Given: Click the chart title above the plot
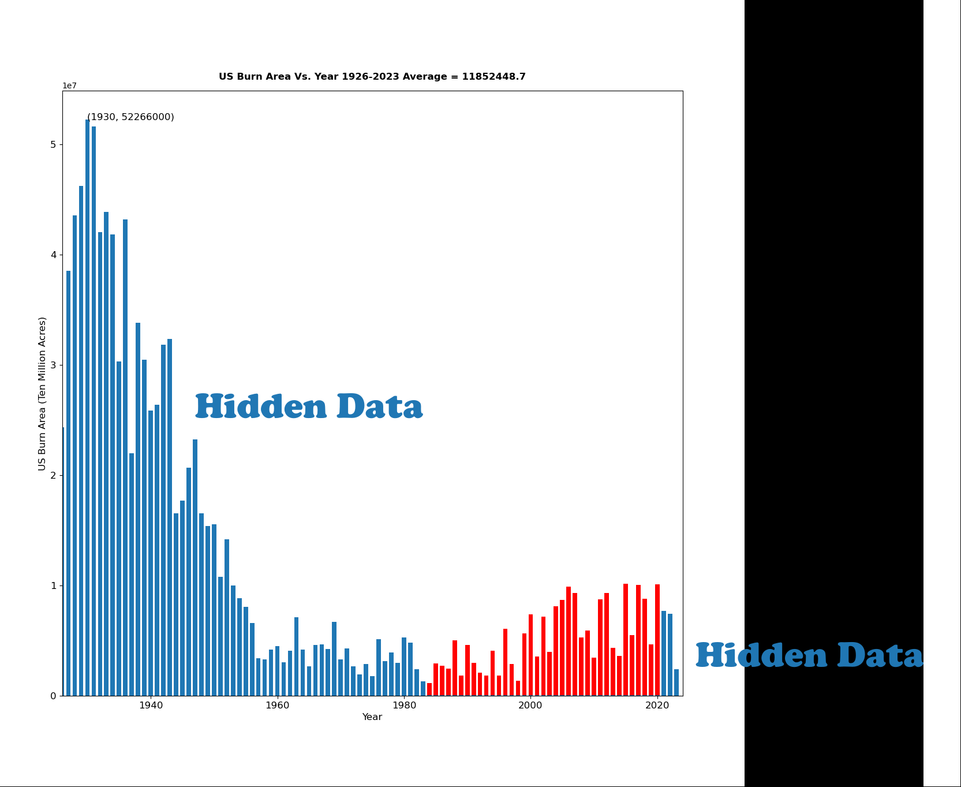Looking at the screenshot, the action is [x=372, y=77].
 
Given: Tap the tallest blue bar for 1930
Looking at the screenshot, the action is [x=88, y=408].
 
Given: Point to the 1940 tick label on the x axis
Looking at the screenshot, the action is [x=151, y=706].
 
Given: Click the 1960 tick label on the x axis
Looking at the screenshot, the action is [x=277, y=706].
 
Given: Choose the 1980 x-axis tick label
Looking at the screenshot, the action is [x=404, y=706].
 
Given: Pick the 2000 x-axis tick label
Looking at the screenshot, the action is [x=530, y=706].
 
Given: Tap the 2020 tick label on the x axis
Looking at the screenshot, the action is [x=657, y=706].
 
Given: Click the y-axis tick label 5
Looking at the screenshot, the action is [x=53, y=144].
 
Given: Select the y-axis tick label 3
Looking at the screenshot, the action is [x=53, y=365].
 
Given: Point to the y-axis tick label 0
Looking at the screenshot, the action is [x=53, y=696].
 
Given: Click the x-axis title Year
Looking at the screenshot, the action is [x=372, y=717].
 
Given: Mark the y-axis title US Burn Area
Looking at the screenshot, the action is [x=42, y=393].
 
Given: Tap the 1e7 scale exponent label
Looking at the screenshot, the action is [x=70, y=86].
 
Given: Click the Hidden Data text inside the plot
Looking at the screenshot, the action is [x=309, y=406].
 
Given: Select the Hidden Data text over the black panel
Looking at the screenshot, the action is [x=809, y=656].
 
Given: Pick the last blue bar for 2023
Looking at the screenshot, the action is [x=676, y=682].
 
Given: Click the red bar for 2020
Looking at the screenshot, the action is [x=657, y=640].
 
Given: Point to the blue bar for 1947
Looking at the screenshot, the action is [x=195, y=568].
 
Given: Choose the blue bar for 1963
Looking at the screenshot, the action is [x=297, y=657].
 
